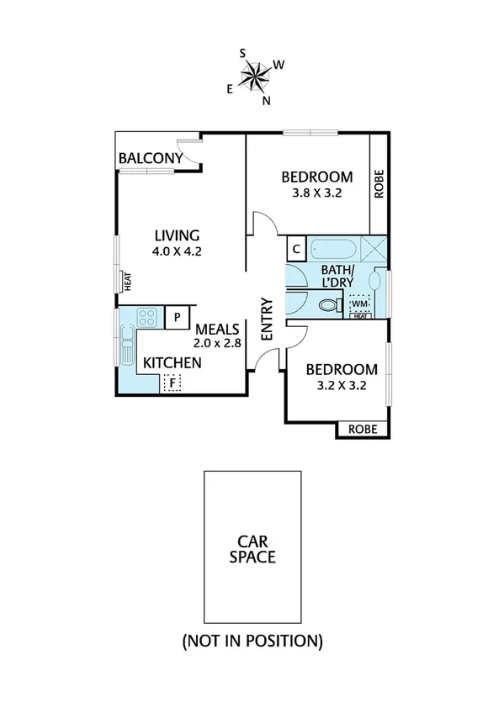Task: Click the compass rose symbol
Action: tap(255, 76)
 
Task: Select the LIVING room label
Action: tap(176, 235)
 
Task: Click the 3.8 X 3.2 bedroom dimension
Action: tap(316, 192)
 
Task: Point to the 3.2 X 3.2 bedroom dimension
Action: tap(340, 387)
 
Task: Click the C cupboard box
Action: tap(296, 249)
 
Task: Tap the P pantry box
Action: tap(178, 316)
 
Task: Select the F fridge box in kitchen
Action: tap(172, 383)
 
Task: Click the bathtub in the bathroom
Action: tap(335, 250)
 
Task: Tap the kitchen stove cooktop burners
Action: tap(148, 317)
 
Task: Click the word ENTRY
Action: tap(268, 319)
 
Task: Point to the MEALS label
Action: tap(218, 329)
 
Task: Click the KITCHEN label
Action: tap(172, 362)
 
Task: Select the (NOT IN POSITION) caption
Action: tap(252, 642)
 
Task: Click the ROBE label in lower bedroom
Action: tap(363, 430)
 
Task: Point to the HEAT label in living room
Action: tap(128, 281)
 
